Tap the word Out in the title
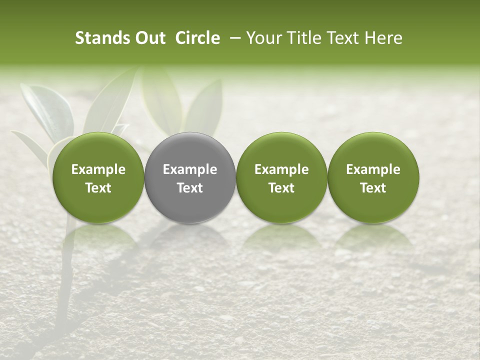[x=149, y=38]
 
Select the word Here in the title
[x=383, y=38]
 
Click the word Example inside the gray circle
[x=190, y=169]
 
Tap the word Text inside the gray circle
[x=190, y=188]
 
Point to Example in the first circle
[x=98, y=169]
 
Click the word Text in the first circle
[x=98, y=188]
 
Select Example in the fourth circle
[x=373, y=169]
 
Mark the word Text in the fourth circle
[x=373, y=188]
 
